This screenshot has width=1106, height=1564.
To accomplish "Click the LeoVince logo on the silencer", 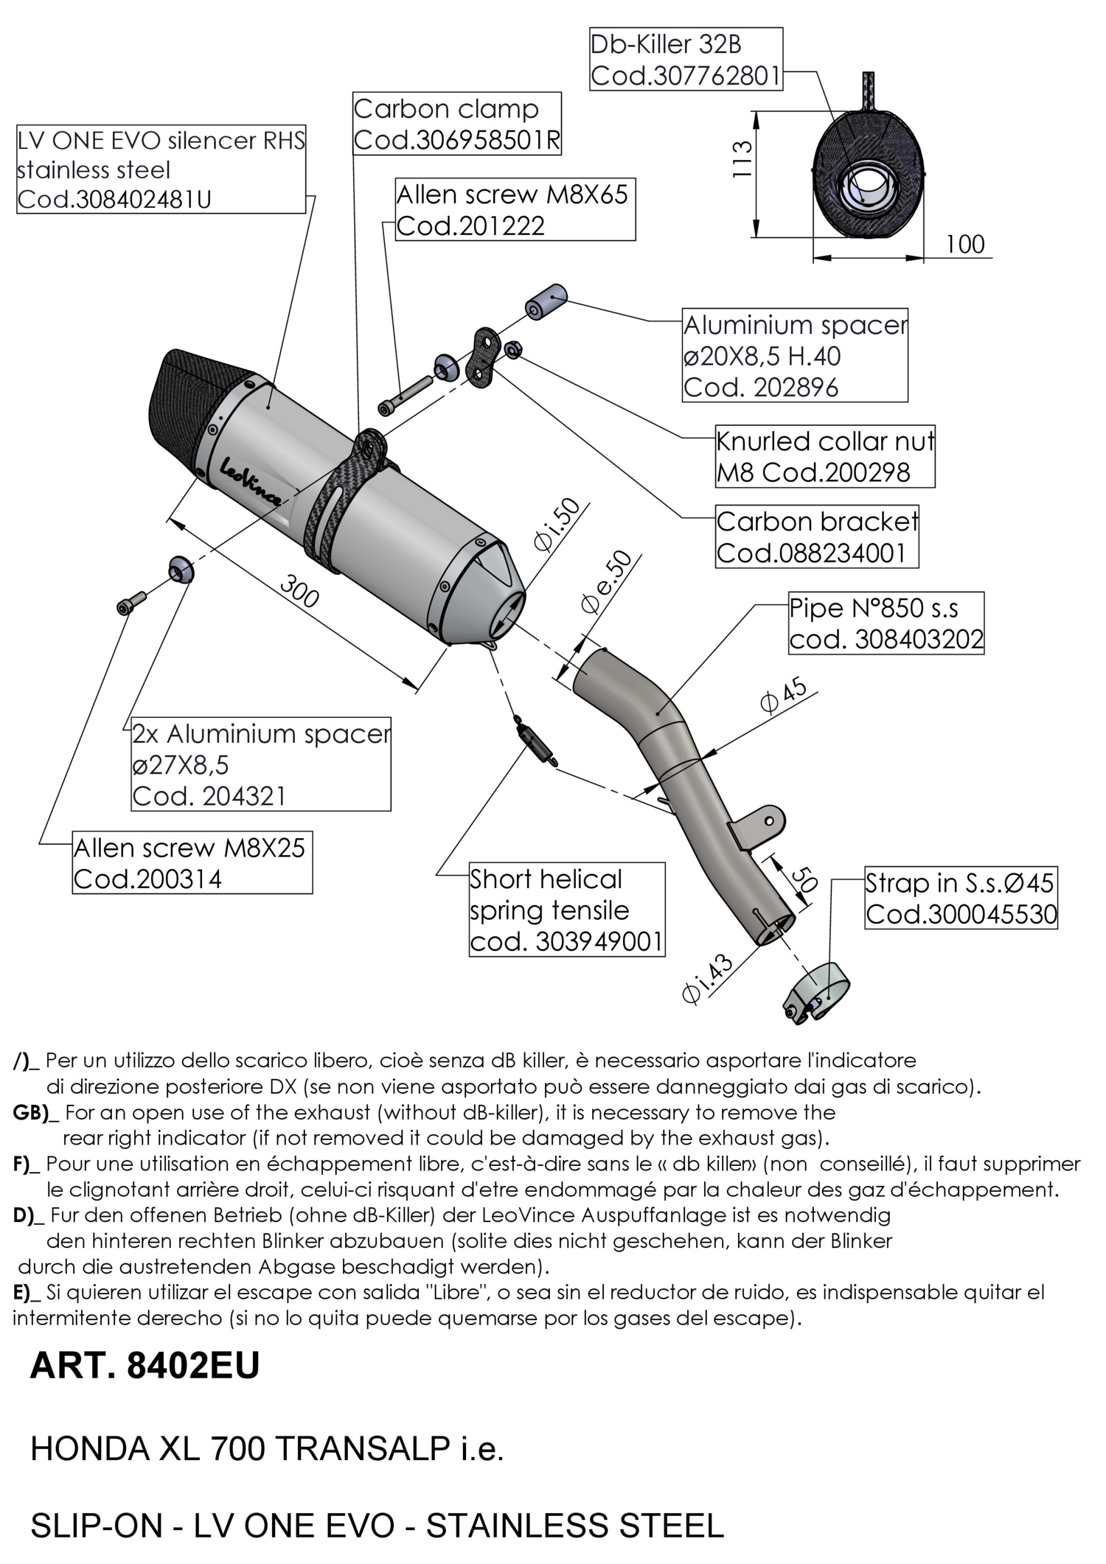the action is tap(251, 480).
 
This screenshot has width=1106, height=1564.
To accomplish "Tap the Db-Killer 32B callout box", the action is tap(686, 60).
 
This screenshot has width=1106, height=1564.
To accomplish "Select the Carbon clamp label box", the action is tap(457, 124).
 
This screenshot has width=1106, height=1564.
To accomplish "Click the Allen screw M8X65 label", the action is tap(515, 209).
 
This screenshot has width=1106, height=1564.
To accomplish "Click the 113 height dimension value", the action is tap(742, 158).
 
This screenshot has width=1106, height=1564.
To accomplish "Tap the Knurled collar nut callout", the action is tap(825, 456).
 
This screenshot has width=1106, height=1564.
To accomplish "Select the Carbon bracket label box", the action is tap(817, 537).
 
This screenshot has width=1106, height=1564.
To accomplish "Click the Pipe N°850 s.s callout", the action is tap(886, 623).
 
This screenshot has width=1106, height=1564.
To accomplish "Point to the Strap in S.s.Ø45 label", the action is tap(961, 897).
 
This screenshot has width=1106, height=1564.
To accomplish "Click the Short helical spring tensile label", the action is tap(567, 910).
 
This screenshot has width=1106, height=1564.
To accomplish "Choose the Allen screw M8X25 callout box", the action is tap(192, 862).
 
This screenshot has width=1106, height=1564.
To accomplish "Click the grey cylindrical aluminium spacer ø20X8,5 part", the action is tap(546, 300).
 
